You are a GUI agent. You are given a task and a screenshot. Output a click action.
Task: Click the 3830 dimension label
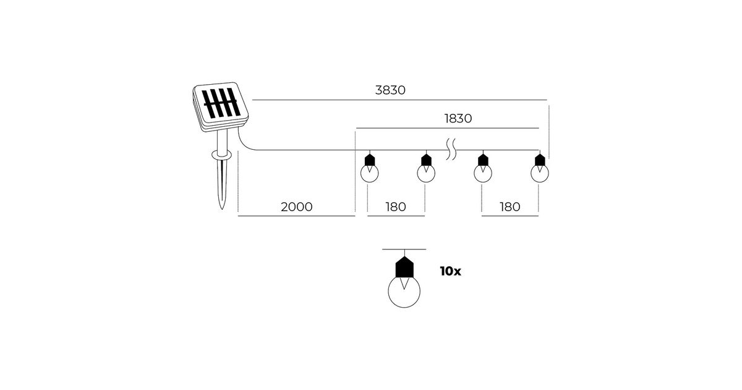(x=390, y=90)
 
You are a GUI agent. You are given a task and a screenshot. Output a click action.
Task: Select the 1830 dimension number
(x=458, y=118)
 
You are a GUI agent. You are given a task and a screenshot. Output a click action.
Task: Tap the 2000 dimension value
(x=296, y=207)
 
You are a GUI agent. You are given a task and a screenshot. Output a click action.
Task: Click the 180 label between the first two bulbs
(x=396, y=207)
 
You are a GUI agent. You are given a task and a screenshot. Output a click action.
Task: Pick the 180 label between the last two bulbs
(x=510, y=207)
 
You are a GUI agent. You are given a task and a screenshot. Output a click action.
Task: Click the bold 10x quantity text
(x=451, y=271)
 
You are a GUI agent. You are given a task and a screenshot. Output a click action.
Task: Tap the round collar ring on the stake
(x=222, y=155)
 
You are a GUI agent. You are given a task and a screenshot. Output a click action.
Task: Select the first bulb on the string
(x=369, y=168)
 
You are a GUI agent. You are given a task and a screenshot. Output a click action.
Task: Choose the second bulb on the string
(x=426, y=168)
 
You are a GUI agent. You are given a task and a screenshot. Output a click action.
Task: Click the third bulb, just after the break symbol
(x=483, y=168)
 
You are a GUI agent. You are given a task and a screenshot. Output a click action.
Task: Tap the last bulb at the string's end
(x=540, y=168)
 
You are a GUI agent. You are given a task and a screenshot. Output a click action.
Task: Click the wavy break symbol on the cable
(x=451, y=149)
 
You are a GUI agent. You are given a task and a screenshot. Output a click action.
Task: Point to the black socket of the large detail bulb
(x=404, y=267)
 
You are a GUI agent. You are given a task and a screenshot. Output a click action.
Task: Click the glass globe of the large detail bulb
(x=404, y=292)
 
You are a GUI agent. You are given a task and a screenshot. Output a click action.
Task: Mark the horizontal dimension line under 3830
(x=399, y=100)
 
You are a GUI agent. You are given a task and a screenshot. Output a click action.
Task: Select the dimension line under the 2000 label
(x=296, y=216)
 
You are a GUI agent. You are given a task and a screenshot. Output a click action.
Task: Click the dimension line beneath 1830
(x=448, y=128)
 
